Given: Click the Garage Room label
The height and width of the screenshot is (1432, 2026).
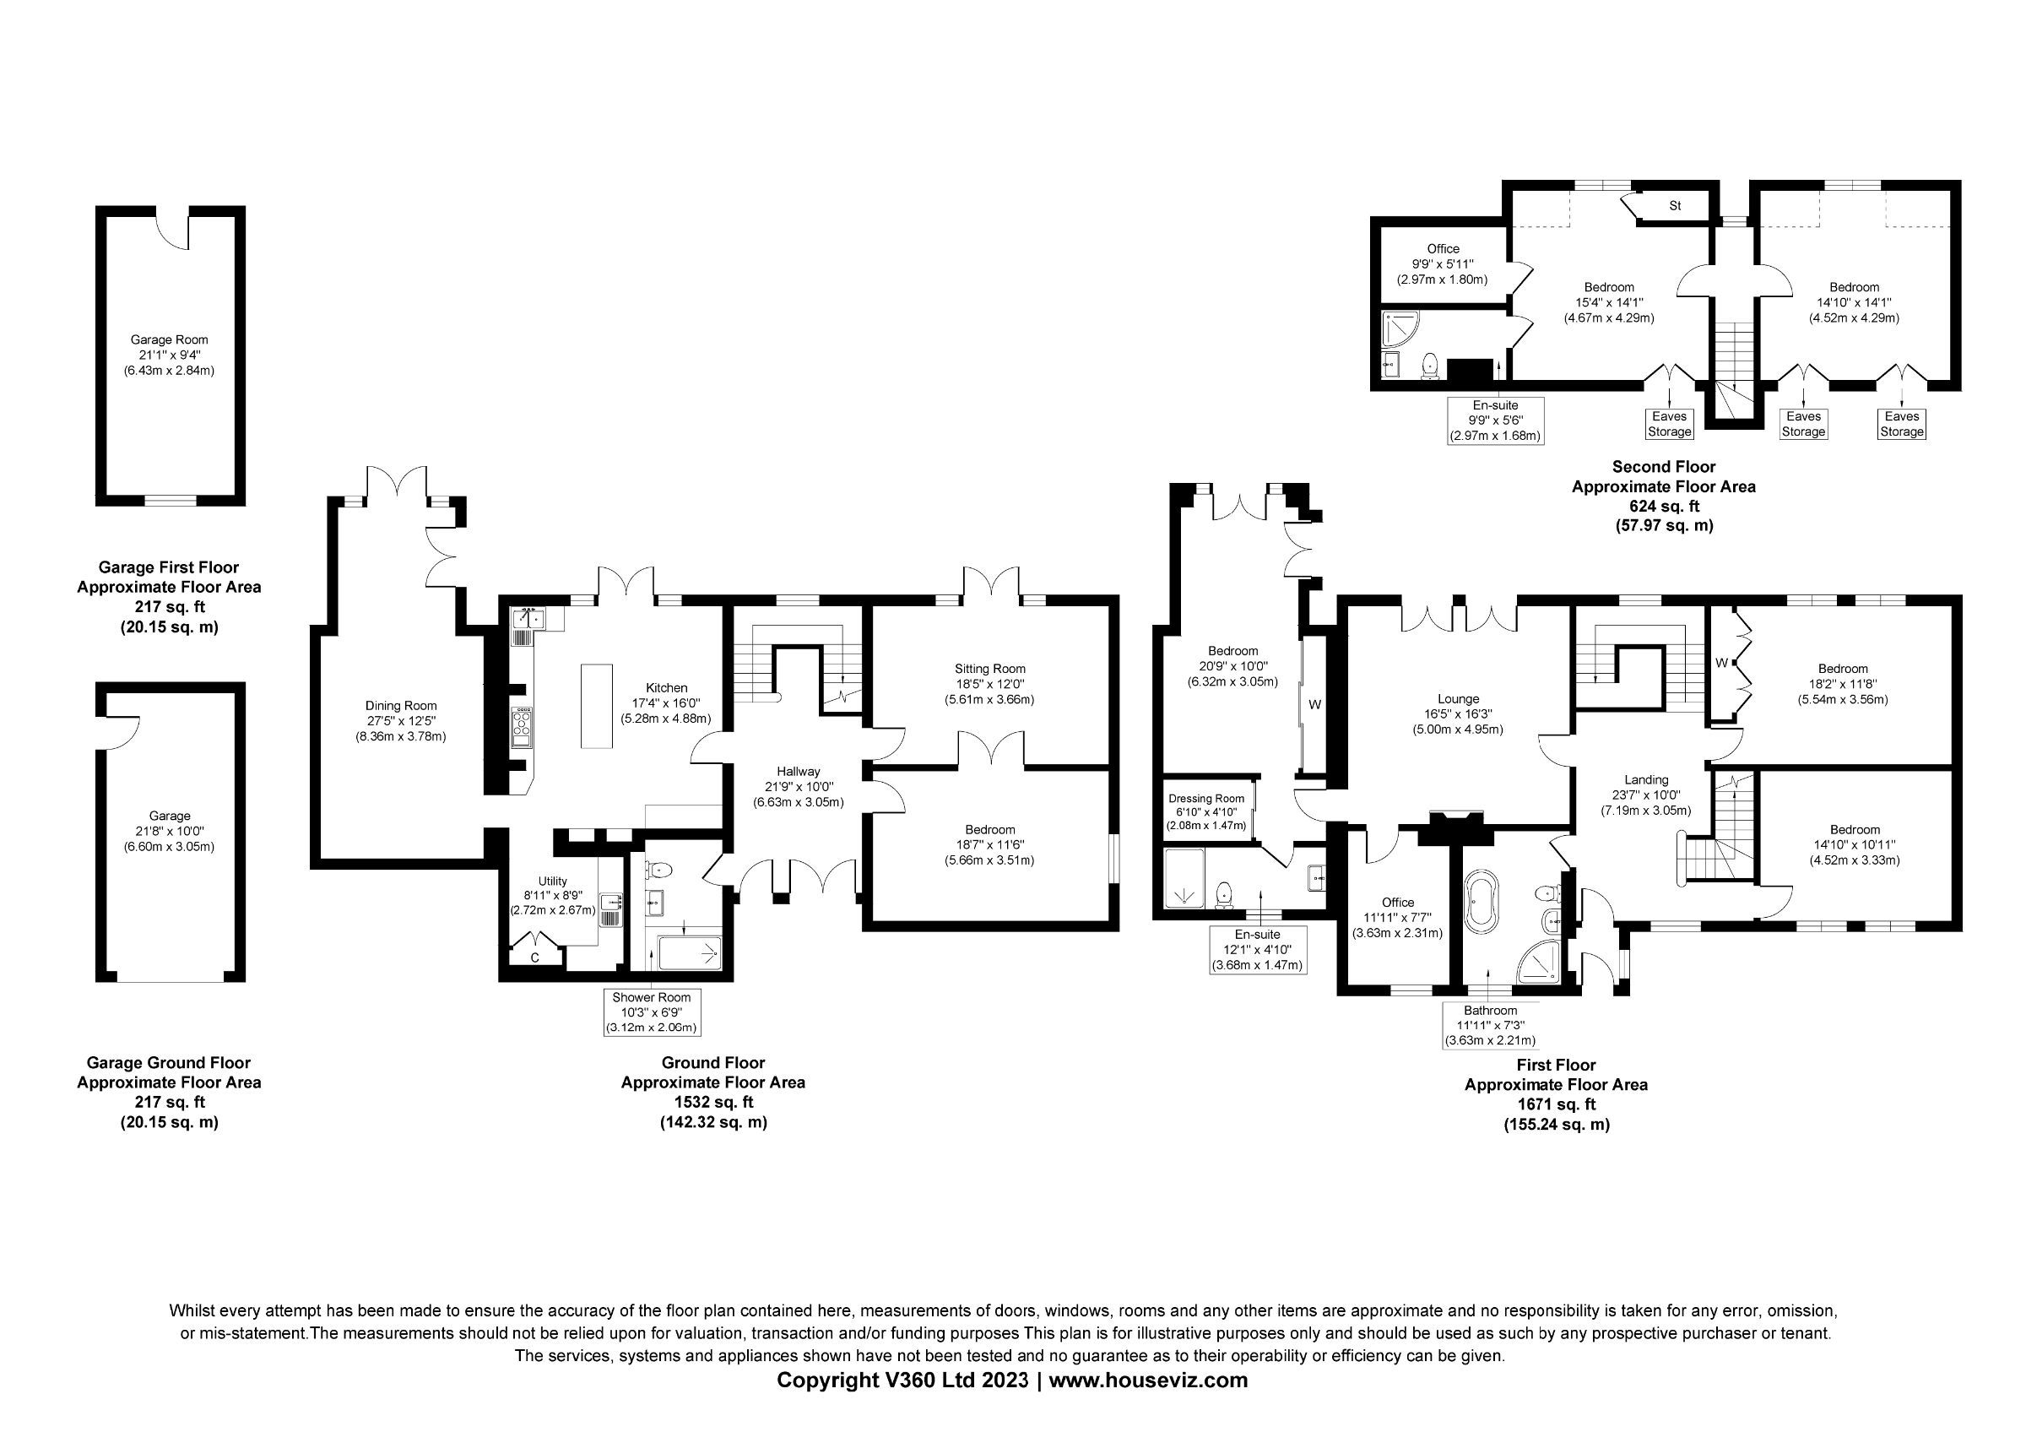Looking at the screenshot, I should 170,339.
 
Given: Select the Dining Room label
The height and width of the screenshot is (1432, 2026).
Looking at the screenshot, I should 401,706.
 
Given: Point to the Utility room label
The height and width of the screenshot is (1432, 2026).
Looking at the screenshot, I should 552,881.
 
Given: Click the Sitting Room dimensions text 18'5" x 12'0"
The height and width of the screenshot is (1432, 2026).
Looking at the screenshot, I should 990,685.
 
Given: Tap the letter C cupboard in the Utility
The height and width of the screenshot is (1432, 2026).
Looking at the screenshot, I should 534,957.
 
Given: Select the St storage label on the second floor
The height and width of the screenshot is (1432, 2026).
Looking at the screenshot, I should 1675,205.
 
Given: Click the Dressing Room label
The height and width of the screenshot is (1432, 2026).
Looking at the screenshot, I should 1206,799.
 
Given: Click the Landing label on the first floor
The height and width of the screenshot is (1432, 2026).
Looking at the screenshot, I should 1647,780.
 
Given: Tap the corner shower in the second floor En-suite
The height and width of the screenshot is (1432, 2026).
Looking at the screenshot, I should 1400,329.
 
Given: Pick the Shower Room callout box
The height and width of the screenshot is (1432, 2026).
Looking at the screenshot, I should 651,1012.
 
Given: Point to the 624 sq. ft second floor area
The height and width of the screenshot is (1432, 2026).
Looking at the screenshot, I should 1663,507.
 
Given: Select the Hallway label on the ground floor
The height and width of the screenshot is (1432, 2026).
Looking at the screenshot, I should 799,772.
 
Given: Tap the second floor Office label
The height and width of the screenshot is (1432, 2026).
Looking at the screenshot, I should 1443,249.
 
